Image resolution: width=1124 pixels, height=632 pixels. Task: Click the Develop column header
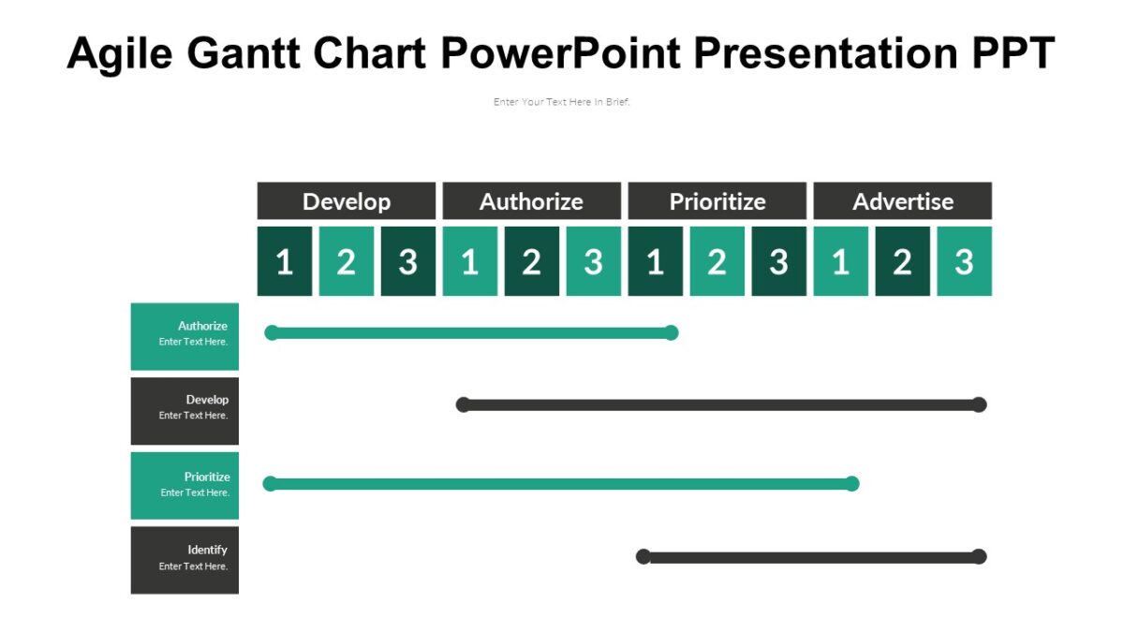[x=347, y=201]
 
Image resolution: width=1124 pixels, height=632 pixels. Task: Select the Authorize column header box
[x=531, y=201]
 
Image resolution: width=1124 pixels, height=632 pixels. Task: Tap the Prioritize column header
[x=717, y=201]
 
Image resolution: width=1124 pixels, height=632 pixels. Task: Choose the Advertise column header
[x=902, y=201]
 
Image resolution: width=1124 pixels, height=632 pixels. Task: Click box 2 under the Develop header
[x=346, y=261]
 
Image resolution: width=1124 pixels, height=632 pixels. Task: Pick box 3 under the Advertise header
[x=964, y=261]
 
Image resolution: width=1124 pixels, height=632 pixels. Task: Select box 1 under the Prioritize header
[x=655, y=261]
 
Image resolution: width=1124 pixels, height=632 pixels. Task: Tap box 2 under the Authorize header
[x=531, y=261]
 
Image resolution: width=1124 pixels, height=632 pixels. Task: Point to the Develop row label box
[x=185, y=410]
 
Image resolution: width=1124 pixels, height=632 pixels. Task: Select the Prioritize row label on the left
[x=185, y=485]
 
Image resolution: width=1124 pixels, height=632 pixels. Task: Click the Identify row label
[x=185, y=559]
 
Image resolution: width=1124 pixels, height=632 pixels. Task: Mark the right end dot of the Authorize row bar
[x=671, y=332]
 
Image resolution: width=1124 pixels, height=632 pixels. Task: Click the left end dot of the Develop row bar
[x=463, y=404]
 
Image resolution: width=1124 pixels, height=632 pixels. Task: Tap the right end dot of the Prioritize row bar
[x=851, y=483]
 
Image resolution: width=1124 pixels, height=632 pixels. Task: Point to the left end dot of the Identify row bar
[x=643, y=556]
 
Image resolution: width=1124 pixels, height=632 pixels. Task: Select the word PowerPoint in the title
[x=560, y=53]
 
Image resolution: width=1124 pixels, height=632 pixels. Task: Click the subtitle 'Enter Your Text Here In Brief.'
[x=562, y=102]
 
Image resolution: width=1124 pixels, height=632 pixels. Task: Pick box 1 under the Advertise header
[x=840, y=261]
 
